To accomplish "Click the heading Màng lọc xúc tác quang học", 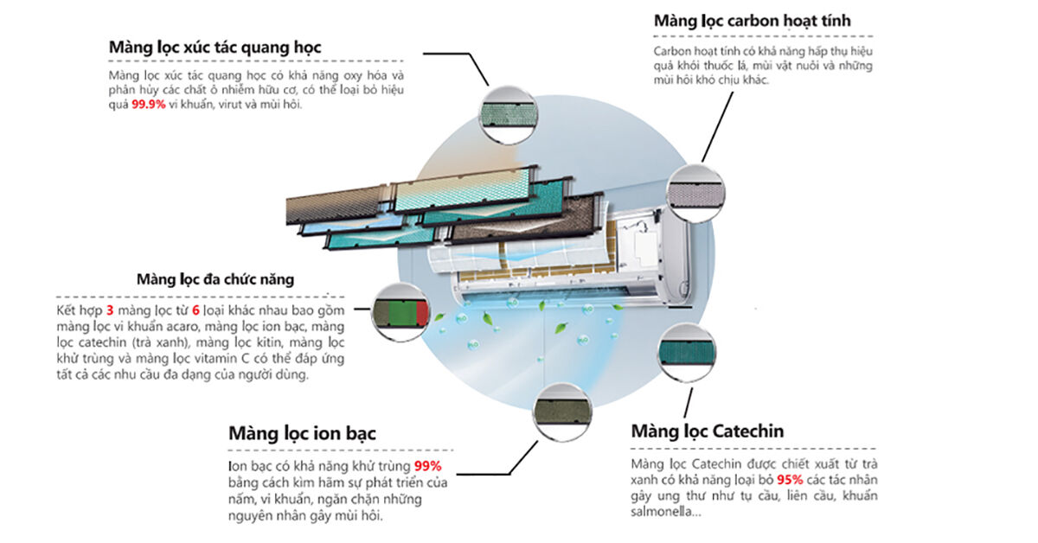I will (x=215, y=47).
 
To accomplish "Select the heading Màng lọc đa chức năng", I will (x=215, y=278).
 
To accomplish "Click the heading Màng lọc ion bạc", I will (x=302, y=432).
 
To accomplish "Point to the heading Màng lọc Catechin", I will (x=708, y=431).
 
